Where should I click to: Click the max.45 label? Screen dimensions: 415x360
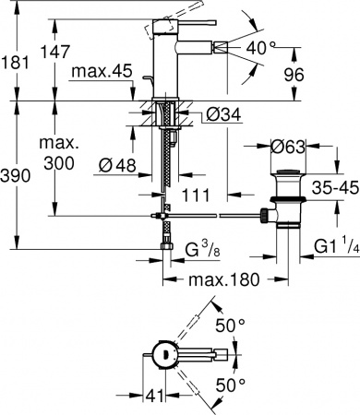click(103, 71)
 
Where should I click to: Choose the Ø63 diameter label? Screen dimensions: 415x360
click(289, 145)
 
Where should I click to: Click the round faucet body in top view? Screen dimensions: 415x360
click(163, 353)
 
